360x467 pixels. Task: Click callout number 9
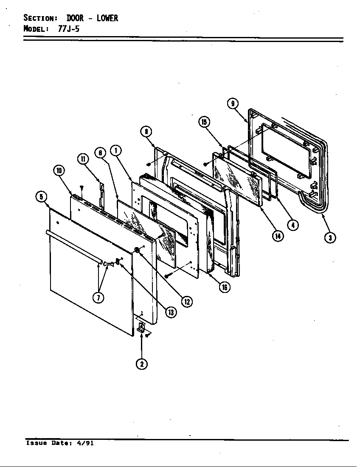tap(233, 104)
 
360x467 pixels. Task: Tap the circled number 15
tap(204, 122)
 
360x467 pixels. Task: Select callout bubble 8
tap(146, 131)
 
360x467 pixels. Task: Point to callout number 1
tap(115, 149)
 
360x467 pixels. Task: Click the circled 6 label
tap(100, 153)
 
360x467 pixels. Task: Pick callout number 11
tap(82, 159)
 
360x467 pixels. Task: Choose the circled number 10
tap(59, 171)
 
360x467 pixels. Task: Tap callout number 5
tap(41, 197)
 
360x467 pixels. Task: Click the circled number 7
tap(98, 298)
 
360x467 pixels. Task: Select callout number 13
tap(170, 312)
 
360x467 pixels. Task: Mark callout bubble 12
tap(186, 301)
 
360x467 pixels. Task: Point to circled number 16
tap(224, 287)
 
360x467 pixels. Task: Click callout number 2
tap(142, 364)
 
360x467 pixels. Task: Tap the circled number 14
tap(278, 236)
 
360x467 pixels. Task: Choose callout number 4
tap(292, 225)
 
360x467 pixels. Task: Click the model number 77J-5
tap(69, 29)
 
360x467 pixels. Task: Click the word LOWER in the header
tap(107, 18)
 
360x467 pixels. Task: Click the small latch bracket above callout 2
tap(141, 327)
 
